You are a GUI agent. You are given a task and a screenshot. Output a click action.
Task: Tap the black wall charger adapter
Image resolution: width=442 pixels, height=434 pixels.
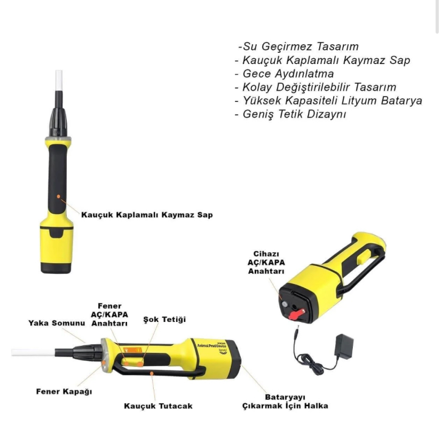click(x=343, y=346)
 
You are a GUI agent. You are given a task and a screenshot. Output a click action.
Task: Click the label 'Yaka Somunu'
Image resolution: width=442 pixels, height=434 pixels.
click(x=57, y=323)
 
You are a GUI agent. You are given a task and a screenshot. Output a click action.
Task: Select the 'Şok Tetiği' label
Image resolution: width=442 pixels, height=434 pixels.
click(x=164, y=319)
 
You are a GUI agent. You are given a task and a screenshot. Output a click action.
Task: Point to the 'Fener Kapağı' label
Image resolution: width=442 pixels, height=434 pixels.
click(x=64, y=392)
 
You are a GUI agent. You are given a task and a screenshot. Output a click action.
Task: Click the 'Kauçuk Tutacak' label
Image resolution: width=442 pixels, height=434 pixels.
click(x=158, y=406)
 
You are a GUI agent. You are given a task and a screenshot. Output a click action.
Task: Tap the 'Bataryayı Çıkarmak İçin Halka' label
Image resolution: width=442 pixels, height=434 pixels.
click(x=285, y=401)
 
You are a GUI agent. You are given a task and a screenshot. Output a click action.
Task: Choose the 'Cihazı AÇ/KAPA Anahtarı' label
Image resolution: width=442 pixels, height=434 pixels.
click(x=266, y=262)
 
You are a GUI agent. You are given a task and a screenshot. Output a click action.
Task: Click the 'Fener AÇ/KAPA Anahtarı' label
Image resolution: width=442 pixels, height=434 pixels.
click(x=109, y=314)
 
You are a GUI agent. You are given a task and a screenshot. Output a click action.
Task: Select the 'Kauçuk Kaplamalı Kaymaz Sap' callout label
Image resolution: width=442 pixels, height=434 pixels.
click(x=147, y=215)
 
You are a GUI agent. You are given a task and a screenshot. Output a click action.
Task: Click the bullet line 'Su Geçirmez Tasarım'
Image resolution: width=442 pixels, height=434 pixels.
click(x=298, y=46)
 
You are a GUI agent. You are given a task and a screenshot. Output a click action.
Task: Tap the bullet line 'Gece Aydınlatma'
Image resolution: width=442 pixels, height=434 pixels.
click(x=284, y=74)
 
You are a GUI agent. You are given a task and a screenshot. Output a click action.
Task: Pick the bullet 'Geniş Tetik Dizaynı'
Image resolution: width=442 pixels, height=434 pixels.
click(x=290, y=114)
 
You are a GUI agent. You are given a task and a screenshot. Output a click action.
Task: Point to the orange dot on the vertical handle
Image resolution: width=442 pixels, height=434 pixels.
click(x=59, y=196)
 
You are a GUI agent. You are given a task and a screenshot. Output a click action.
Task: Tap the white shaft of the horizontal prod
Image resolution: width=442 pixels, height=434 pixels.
click(x=33, y=352)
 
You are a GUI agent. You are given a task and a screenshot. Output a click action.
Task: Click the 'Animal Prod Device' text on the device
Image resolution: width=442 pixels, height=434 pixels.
click(x=212, y=345)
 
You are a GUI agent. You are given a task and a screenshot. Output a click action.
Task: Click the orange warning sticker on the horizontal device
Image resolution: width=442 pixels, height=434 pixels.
click(x=132, y=350)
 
